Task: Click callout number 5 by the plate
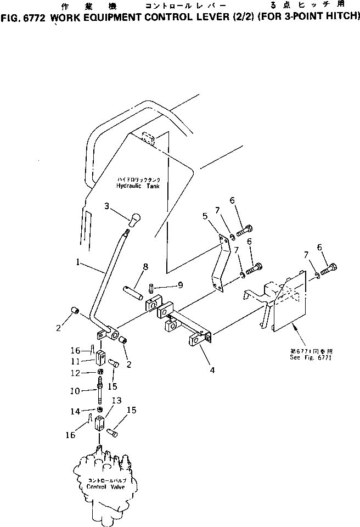point(205,216)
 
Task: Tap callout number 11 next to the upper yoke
point(83,362)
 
